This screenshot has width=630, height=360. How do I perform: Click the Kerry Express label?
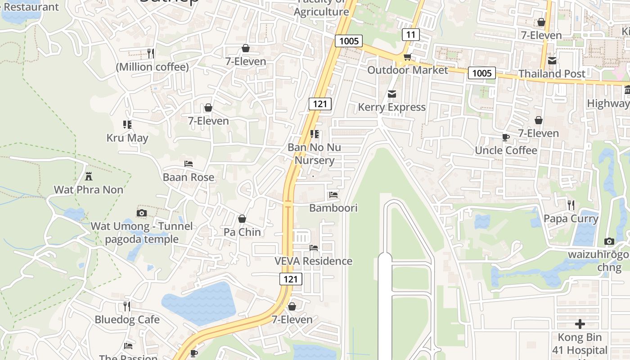[391, 107]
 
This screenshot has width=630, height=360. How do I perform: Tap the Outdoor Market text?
[408, 70]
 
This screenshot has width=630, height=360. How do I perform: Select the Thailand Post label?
[552, 73]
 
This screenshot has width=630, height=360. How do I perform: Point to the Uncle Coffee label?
[506, 150]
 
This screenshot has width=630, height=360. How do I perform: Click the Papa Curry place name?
[571, 219]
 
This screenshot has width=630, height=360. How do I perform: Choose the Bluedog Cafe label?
[127, 319]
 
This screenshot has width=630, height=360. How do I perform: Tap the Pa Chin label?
[242, 232]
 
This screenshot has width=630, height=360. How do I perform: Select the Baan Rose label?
[189, 177]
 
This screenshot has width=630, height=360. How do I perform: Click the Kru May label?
[127, 138]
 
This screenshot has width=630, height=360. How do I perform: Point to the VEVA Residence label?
[314, 261]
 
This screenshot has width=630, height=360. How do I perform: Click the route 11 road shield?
[410, 35]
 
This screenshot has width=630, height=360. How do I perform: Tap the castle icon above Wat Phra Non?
[89, 176]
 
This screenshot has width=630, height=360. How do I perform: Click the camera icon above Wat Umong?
[142, 213]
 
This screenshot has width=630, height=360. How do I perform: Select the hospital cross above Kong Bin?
[580, 324]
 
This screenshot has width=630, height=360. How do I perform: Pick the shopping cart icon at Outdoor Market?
[407, 57]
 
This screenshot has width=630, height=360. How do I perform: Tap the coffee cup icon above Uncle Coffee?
[506, 137]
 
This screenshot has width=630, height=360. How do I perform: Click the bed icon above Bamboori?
[333, 195]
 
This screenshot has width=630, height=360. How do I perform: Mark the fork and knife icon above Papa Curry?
[571, 205]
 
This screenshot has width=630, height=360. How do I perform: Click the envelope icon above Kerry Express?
[391, 94]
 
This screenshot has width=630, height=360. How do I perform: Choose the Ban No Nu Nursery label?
[314, 154]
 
